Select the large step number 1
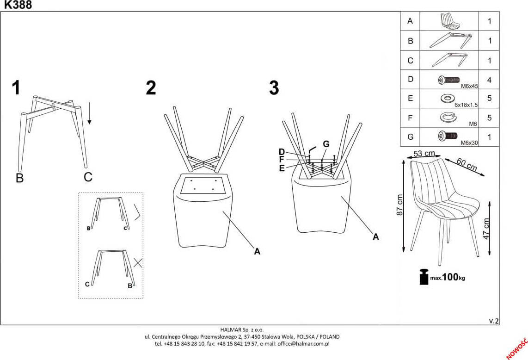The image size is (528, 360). (x=17, y=88)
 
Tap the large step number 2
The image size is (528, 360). (x=151, y=88)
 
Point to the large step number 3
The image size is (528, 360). (x=274, y=88)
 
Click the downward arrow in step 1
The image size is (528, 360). (x=89, y=114)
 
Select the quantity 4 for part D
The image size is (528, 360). (x=489, y=80)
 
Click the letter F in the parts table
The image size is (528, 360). (x=410, y=118)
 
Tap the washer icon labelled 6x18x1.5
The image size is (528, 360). (x=447, y=98)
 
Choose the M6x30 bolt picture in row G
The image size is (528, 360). (x=447, y=137)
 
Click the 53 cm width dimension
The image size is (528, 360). (x=424, y=153)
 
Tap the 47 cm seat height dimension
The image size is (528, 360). (x=486, y=229)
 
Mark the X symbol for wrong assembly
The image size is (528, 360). (x=137, y=263)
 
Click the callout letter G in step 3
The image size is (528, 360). (x=326, y=144)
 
